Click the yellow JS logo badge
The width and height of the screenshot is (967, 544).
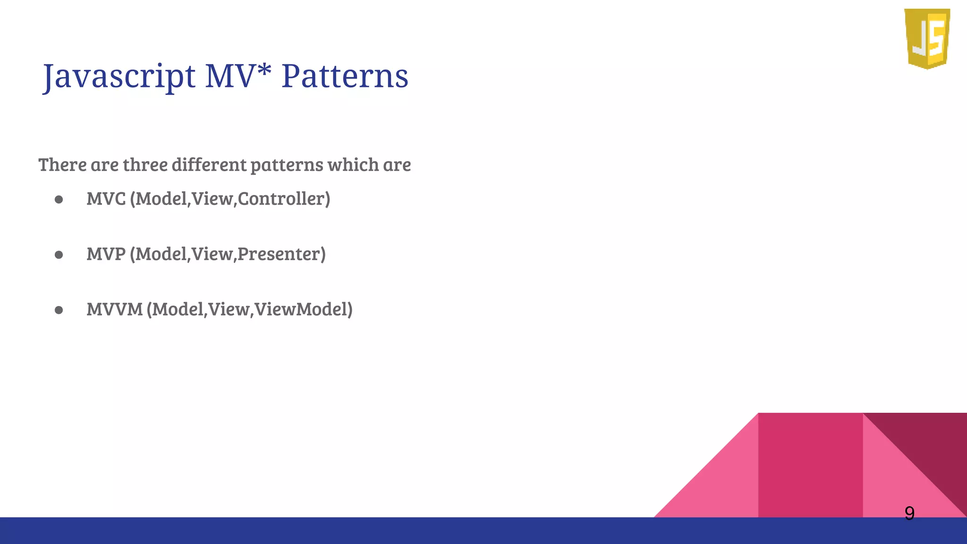coord(927,39)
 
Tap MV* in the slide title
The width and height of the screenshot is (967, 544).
coord(238,76)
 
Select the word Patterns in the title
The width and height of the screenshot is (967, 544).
coord(345,76)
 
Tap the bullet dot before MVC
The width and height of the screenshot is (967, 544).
coord(59,200)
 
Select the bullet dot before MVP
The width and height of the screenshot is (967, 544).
coord(59,255)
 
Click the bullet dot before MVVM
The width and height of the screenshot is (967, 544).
coord(59,310)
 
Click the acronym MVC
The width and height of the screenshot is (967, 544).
coord(106,199)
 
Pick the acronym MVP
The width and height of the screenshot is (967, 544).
coord(106,254)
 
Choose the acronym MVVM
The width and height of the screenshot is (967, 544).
coord(115,309)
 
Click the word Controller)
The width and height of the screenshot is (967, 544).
coord(284,199)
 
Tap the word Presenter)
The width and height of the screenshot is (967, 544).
coord(281,254)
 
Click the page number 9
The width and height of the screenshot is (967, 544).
coord(909,513)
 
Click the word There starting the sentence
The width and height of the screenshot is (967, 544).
coord(63,165)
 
